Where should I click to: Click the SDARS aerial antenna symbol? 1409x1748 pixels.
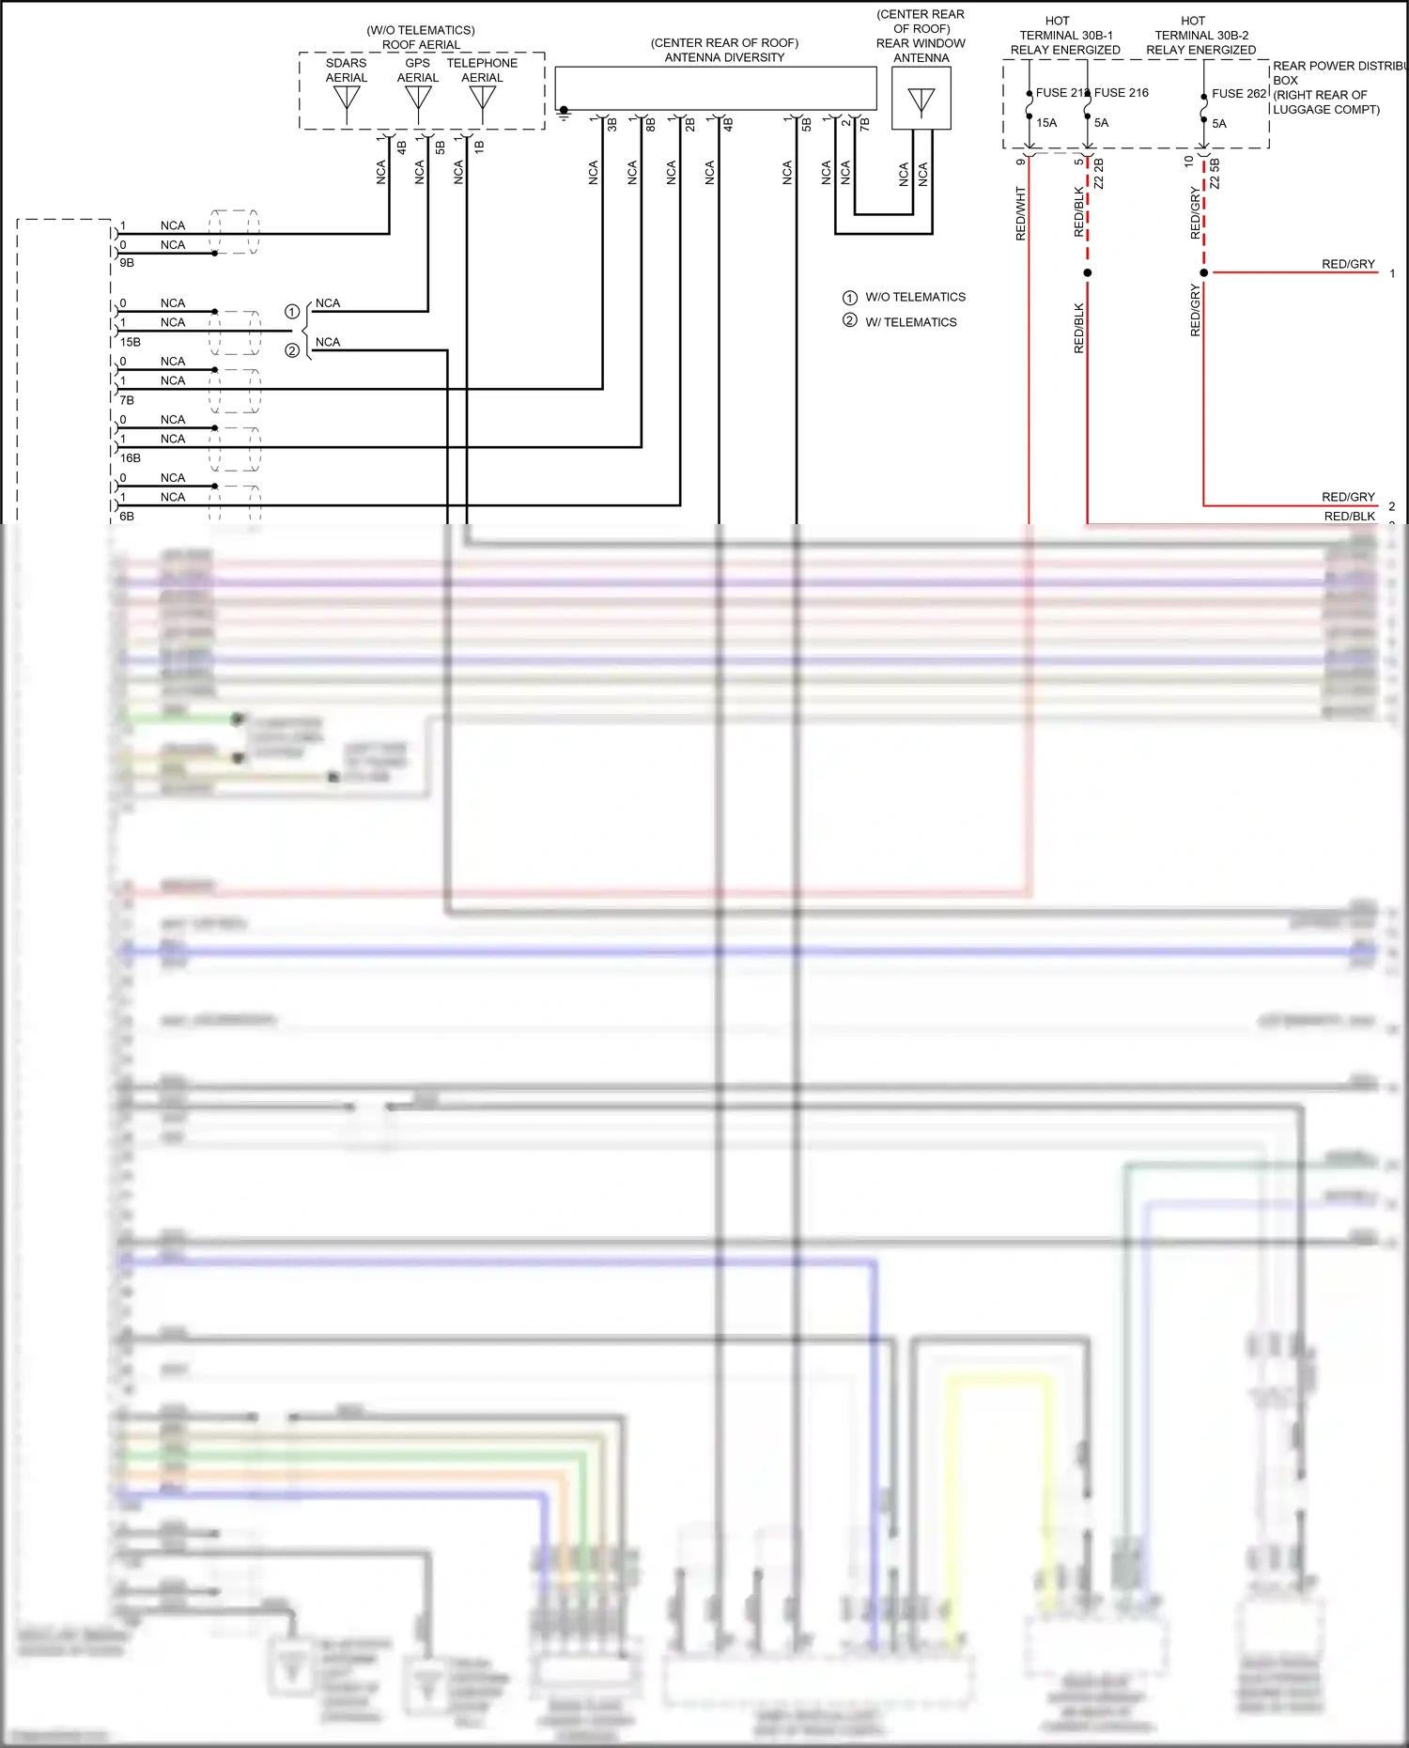click(x=347, y=99)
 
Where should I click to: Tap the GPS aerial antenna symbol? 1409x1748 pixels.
click(x=418, y=98)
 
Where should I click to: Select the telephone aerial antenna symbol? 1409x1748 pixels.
click(x=482, y=98)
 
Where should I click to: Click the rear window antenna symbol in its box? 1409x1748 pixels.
click(x=921, y=101)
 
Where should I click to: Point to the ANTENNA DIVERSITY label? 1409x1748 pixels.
click(x=724, y=57)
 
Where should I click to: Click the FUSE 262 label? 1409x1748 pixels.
click(x=1239, y=93)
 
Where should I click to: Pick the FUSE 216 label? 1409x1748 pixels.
click(x=1122, y=92)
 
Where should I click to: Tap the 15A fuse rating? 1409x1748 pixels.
click(x=1046, y=123)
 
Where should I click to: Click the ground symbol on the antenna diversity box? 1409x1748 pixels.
click(x=564, y=113)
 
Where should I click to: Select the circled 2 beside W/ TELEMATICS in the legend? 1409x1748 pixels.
click(x=850, y=321)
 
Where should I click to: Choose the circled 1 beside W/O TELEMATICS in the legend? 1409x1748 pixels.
click(x=850, y=297)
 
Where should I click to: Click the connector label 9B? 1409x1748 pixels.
click(x=127, y=263)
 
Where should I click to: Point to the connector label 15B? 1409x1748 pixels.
click(x=131, y=342)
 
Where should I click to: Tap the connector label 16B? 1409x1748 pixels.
click(x=131, y=458)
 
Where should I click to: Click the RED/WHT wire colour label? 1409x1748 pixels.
click(x=1021, y=214)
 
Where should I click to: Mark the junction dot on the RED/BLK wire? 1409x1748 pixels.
click(x=1088, y=272)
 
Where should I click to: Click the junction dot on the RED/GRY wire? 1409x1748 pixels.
click(x=1204, y=272)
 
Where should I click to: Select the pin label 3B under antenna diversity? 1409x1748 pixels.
click(x=612, y=124)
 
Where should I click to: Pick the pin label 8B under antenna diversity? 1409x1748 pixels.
click(x=651, y=124)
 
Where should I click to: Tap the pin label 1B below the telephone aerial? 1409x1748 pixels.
click(x=479, y=147)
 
